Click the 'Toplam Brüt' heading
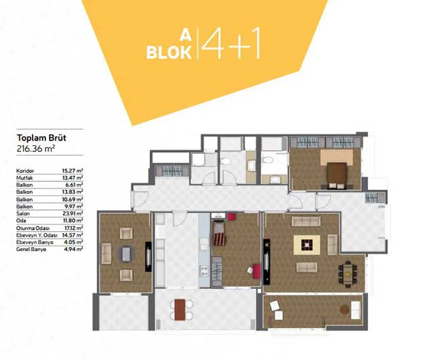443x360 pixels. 42,138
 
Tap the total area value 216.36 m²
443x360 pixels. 35,149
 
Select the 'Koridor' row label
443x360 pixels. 25,170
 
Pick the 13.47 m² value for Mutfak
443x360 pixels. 72,178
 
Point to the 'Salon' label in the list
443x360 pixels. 23,213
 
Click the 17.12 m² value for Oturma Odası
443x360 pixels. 72,228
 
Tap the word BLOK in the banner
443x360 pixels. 169,52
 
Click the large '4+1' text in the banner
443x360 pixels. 230,43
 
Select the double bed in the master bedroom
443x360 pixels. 337,175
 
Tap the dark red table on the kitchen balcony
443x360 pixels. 180,310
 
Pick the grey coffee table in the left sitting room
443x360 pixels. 126,254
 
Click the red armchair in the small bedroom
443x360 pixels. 256,271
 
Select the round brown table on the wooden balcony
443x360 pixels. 344,310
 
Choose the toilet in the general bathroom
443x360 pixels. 226,162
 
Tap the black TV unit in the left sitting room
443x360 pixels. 149,256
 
